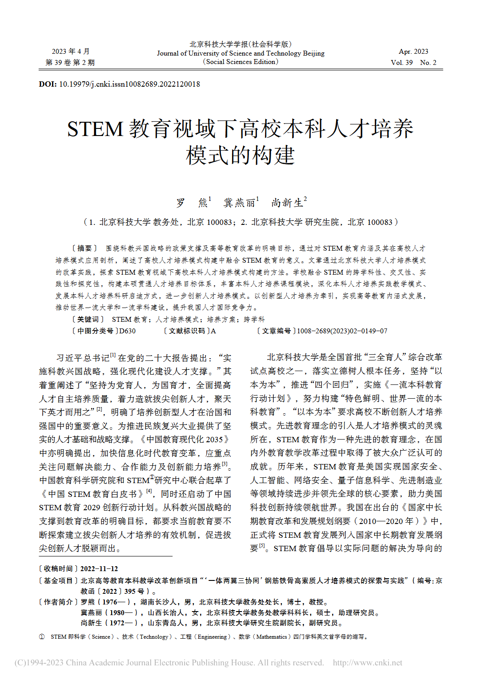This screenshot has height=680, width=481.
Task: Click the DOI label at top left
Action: tap(48, 84)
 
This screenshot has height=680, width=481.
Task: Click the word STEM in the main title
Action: tap(95, 129)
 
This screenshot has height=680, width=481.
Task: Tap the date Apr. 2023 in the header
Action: tap(413, 52)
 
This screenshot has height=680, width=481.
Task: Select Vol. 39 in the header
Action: tap(401, 63)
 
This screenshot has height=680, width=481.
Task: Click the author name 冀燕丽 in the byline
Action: tap(239, 203)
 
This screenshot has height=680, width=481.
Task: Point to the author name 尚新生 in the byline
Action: tap(287, 203)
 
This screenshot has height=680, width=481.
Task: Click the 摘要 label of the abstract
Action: tap(84, 248)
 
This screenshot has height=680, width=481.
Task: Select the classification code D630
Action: tap(128, 331)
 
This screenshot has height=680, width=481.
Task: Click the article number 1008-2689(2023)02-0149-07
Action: tap(342, 331)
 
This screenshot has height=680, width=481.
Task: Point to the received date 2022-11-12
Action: tap(99, 569)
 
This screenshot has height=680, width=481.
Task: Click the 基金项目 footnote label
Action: tap(58, 580)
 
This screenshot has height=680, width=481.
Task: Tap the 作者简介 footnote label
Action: tap(58, 602)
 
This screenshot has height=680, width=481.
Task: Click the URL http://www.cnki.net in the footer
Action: tap(367, 663)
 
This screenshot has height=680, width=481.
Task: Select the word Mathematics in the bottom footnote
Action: tap(272, 637)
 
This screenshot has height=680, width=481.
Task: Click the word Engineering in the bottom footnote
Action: tap(212, 637)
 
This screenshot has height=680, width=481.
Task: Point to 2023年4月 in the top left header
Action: tap(70, 52)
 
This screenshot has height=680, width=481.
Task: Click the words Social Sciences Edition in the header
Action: tap(240, 62)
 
